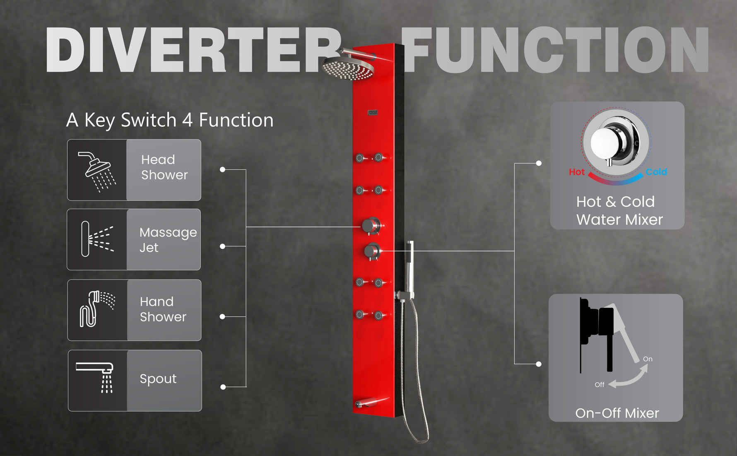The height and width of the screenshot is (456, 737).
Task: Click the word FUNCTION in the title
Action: [x=555, y=50]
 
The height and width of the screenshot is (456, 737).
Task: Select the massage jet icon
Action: [x=97, y=239]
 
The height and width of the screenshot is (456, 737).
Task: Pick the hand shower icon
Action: [x=97, y=309]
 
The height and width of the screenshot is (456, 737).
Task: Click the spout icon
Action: [x=95, y=377]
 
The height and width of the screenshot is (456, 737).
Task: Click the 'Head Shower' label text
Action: [x=164, y=167]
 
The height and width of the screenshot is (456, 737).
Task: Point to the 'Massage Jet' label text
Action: [x=168, y=240]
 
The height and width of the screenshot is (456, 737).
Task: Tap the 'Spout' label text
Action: [x=158, y=379]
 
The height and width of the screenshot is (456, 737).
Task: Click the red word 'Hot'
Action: [x=577, y=172]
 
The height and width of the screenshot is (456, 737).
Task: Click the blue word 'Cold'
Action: [x=656, y=172]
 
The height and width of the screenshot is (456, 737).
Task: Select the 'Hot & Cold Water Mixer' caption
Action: [x=619, y=210]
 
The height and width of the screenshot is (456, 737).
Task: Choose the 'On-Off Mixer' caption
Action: [x=617, y=413]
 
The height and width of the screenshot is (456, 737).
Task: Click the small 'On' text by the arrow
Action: [x=648, y=359]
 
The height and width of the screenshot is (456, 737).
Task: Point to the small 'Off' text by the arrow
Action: [x=600, y=385]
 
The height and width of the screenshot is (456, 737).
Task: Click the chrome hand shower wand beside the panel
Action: [x=409, y=265]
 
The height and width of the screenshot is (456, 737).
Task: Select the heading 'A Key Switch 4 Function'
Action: [x=170, y=121]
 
